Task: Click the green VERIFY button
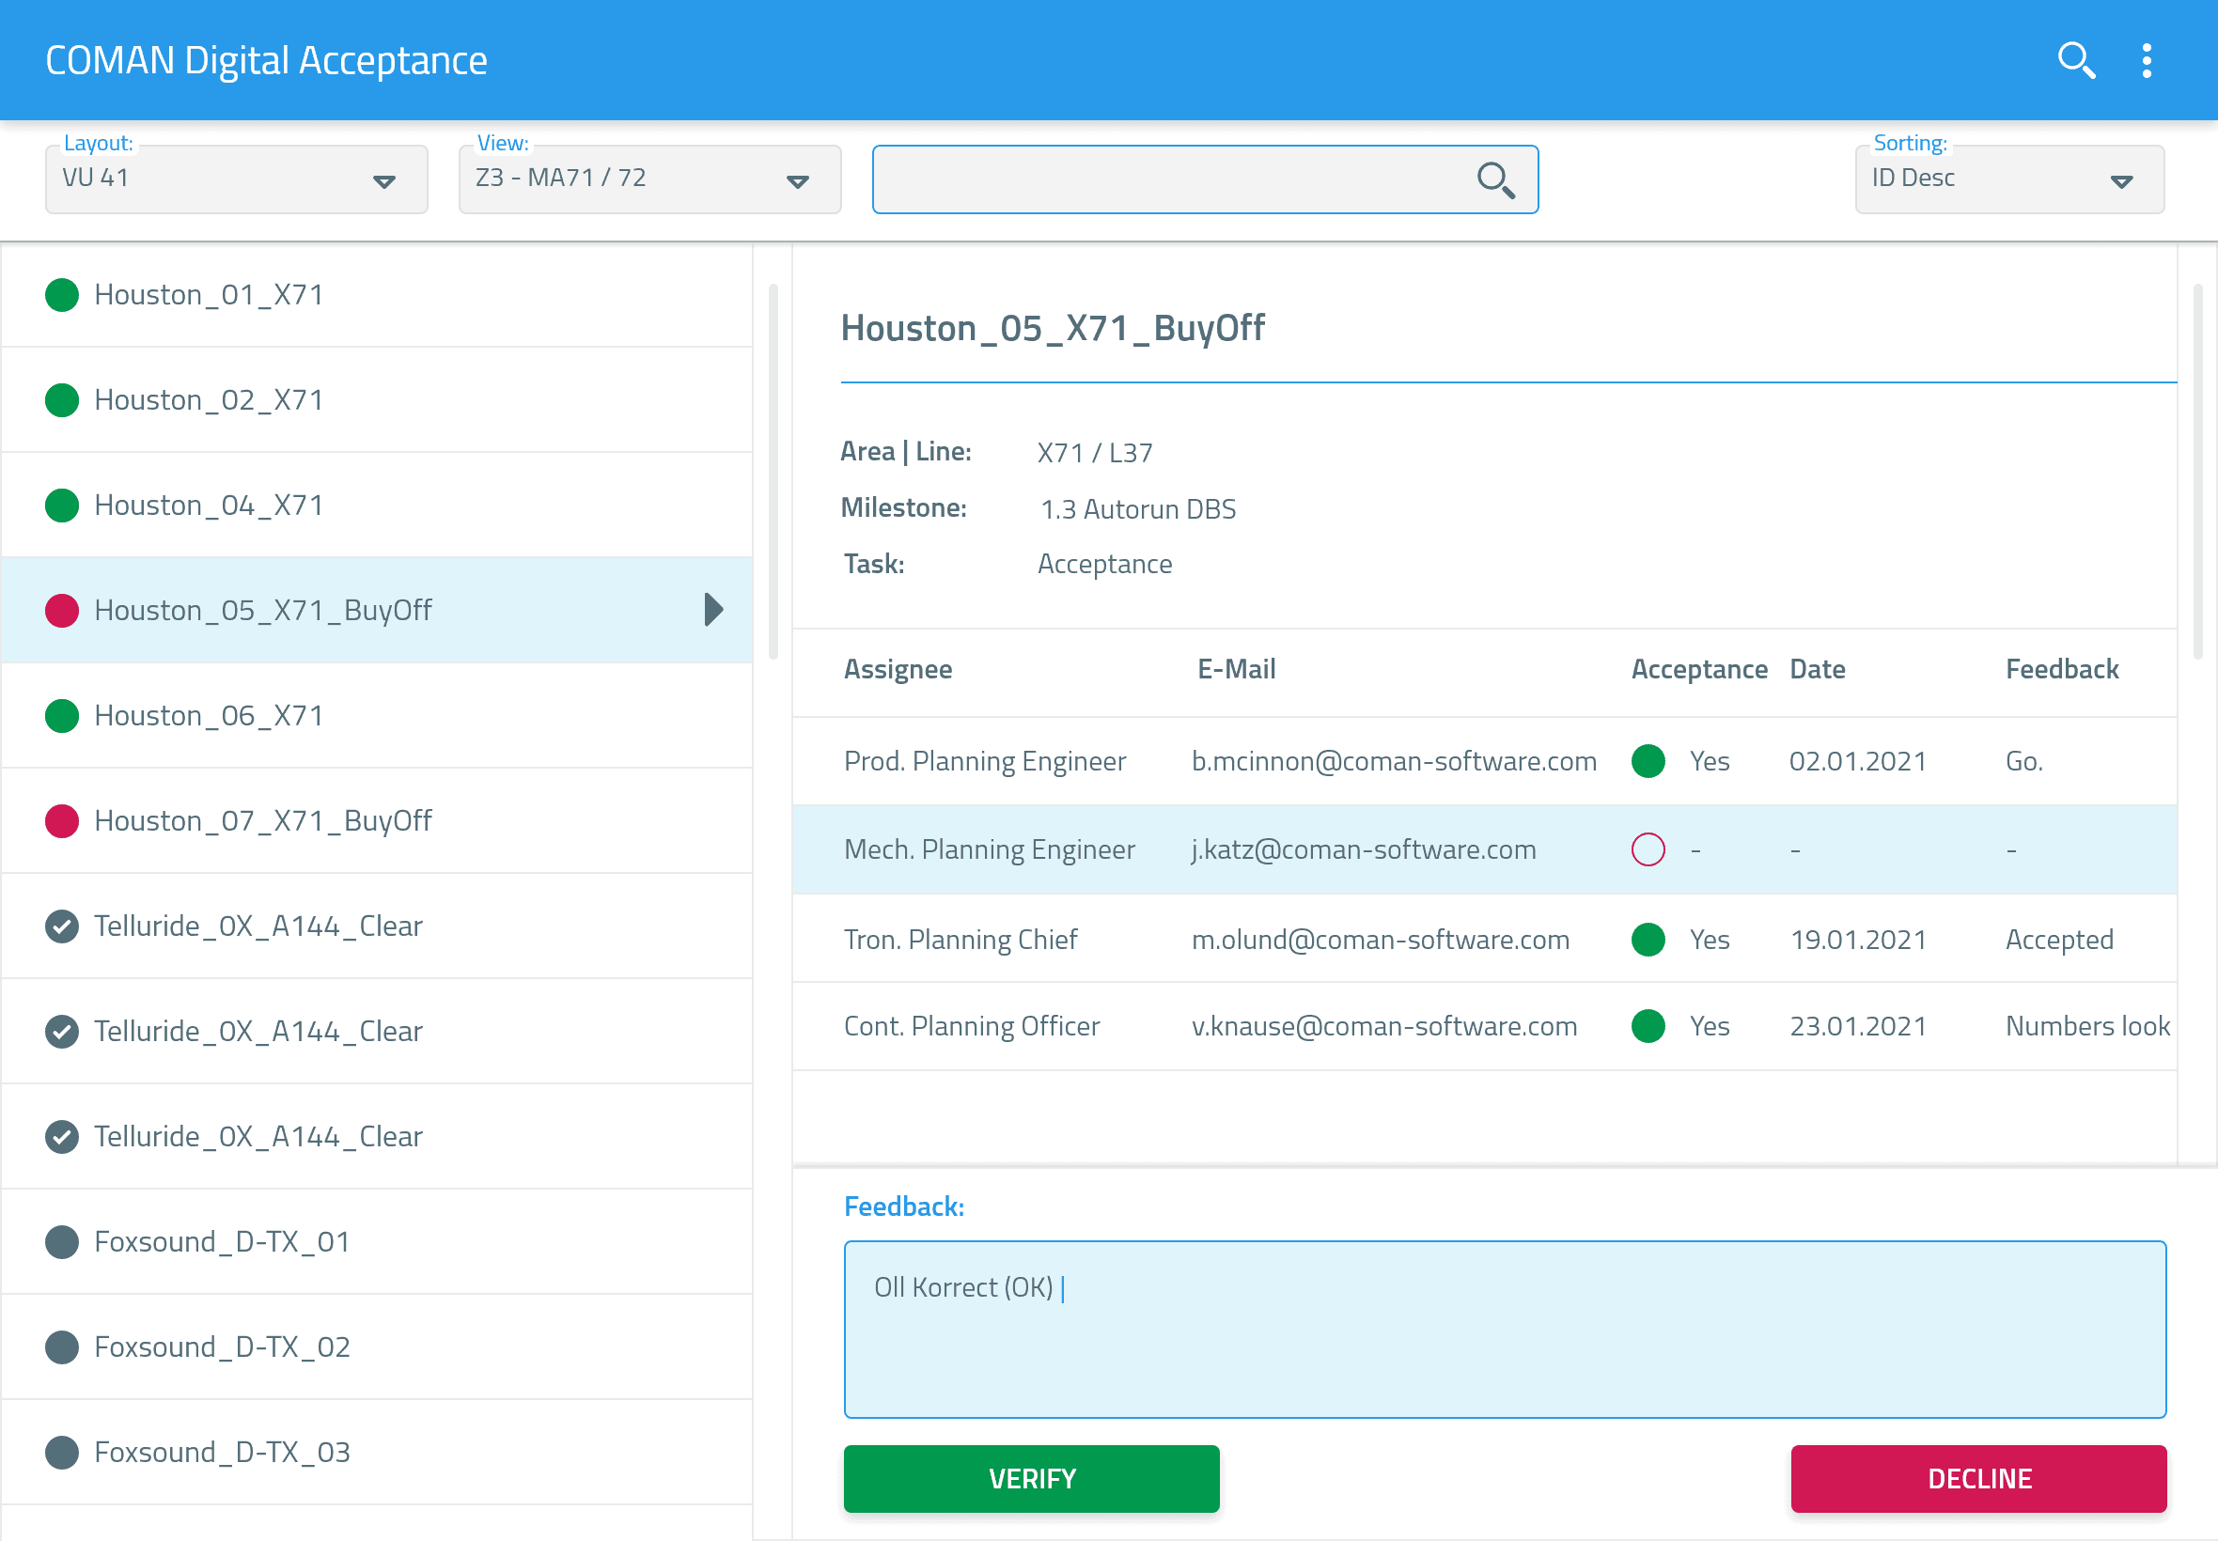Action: [x=1030, y=1477]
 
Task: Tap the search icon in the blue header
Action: [x=2075, y=60]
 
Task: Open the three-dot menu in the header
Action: [x=2146, y=60]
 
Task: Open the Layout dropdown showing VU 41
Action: [x=236, y=179]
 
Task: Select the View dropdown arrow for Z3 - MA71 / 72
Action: [x=797, y=180]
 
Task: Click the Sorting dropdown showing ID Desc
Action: [x=2008, y=179]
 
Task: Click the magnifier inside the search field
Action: [x=1494, y=179]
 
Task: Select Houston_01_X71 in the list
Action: [x=209, y=294]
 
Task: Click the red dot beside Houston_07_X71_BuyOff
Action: [x=62, y=820]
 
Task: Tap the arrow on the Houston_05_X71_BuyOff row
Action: [x=713, y=609]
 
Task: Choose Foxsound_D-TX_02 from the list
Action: [x=222, y=1346]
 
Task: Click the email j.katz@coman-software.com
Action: [x=1363, y=849]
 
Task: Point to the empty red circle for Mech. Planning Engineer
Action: [x=1648, y=849]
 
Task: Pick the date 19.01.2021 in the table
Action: [x=1858, y=940]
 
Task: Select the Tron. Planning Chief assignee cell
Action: [x=960, y=940]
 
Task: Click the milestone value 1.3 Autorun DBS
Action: [x=1137, y=509]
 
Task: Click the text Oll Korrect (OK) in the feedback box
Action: [x=962, y=1287]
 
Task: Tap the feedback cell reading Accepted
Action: [x=2058, y=940]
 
